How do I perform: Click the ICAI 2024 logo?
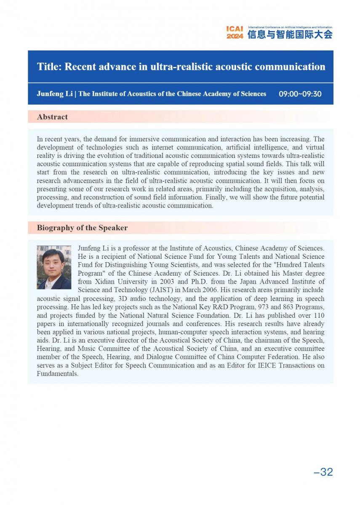tap(235, 32)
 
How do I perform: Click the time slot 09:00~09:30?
tap(300, 94)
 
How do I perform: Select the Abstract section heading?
tap(52, 117)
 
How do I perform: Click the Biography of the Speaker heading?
tap(82, 228)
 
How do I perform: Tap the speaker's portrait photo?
tap(54, 267)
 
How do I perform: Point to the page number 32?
tap(323, 472)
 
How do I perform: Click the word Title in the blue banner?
tap(48, 67)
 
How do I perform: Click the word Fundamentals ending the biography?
tap(57, 374)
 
